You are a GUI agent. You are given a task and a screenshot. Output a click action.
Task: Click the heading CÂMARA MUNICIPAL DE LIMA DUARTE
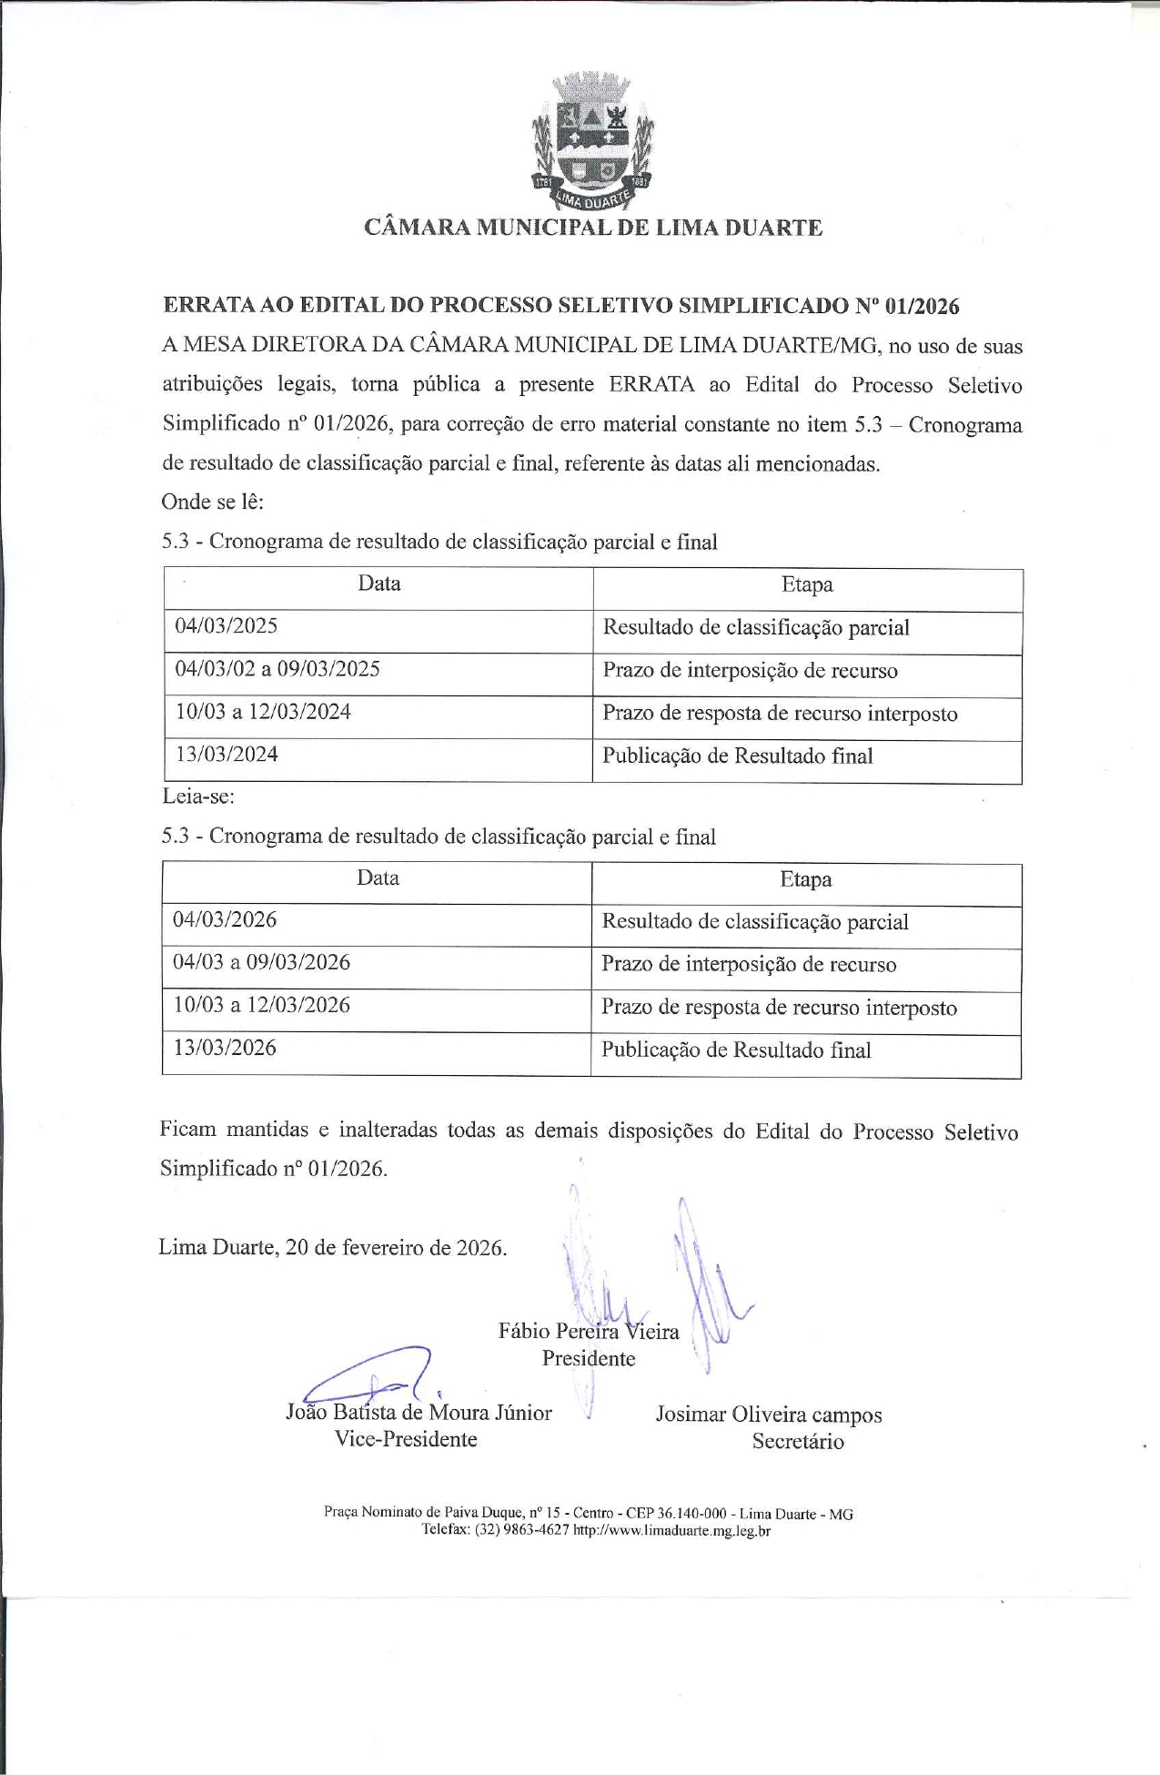593,228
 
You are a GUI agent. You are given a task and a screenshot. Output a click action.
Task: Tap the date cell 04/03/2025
227,626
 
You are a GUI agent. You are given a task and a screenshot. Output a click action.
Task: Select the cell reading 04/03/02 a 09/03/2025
277,669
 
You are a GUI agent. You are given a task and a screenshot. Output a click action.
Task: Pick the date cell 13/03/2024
227,755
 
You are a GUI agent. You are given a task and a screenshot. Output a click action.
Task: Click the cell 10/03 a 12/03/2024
263,712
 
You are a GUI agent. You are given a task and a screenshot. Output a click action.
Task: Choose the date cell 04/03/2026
225,920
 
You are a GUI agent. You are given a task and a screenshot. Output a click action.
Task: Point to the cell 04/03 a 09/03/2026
261,963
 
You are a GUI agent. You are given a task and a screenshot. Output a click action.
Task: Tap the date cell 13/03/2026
225,1049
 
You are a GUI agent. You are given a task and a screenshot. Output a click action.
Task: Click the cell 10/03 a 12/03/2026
261,1006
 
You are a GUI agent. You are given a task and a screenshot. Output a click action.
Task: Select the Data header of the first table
379,584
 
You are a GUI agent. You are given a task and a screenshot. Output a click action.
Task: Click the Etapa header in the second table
806,880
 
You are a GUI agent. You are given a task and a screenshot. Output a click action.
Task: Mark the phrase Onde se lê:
212,502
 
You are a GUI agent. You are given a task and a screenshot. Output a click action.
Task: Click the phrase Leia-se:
198,796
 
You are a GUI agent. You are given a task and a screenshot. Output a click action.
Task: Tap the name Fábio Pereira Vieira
589,1332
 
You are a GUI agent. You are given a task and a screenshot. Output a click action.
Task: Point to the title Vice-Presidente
406,1439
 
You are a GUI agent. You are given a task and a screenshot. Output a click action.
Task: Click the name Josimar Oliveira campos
769,1415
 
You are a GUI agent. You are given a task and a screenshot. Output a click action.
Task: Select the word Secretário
798,1442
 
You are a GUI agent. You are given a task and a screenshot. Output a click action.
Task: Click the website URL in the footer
672,1531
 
